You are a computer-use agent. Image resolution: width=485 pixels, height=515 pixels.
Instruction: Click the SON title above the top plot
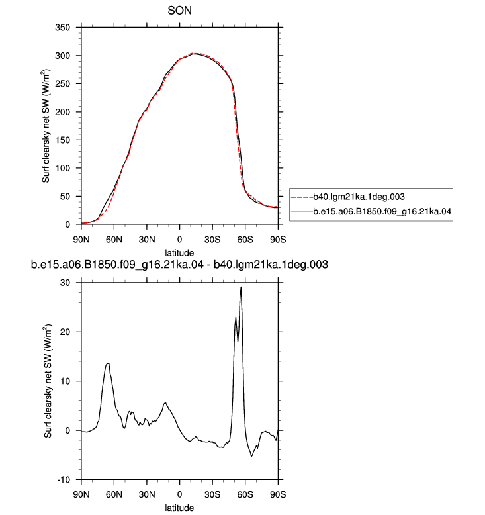[179, 11]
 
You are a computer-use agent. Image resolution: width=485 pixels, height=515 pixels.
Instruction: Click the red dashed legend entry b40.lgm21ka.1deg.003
[348, 197]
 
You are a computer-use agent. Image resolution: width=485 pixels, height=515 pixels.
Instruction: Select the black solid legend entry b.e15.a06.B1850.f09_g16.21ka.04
[371, 211]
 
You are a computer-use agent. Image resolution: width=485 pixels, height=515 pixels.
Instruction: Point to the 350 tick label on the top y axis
[63, 28]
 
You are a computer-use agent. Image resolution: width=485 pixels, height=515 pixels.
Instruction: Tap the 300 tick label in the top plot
[63, 56]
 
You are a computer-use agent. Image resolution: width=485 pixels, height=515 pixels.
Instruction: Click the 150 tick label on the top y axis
[63, 140]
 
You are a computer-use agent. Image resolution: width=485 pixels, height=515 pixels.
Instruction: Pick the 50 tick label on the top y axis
[66, 197]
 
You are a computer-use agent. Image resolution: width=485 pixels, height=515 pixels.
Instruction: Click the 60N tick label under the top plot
[114, 240]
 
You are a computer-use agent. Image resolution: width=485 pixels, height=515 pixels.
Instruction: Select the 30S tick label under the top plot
[212, 240]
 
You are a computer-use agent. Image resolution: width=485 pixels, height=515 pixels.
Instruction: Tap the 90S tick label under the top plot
[278, 240]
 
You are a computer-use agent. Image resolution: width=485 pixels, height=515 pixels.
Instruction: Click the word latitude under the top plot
[179, 253]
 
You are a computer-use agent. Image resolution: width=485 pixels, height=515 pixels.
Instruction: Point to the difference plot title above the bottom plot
[179, 264]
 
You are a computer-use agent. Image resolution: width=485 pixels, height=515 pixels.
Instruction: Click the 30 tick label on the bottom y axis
[66, 283]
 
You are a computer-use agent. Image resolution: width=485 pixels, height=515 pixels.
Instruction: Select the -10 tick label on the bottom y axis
[64, 480]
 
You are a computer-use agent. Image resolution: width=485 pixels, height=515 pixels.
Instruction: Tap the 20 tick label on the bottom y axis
[66, 332]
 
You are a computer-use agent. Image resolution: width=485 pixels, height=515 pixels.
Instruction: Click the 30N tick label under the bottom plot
[147, 494]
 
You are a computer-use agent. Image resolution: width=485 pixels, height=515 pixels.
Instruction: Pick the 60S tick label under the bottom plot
[245, 494]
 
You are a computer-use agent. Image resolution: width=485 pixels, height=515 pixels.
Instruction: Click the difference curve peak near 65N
[108, 363]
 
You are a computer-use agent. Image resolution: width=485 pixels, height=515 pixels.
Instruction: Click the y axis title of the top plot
[46, 126]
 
